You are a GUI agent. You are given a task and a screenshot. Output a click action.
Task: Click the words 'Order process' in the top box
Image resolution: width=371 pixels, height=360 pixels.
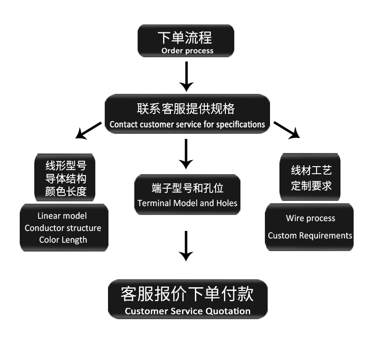tap(187, 51)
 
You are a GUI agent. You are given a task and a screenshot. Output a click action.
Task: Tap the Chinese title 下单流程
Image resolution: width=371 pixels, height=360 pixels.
tap(185, 37)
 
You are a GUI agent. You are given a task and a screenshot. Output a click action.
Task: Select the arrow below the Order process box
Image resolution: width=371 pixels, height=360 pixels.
tap(186, 76)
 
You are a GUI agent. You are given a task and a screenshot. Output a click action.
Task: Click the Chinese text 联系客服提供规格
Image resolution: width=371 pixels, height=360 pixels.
tap(186, 109)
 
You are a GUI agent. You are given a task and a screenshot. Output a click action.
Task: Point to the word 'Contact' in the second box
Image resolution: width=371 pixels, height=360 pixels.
tap(124, 125)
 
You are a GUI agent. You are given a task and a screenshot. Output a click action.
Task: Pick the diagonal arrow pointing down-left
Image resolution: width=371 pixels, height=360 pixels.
tap(88, 130)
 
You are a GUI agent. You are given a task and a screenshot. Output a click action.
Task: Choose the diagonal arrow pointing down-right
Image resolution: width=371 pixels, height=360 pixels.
tap(286, 130)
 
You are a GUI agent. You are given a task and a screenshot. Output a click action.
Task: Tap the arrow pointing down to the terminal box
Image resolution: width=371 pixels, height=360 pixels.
tap(186, 153)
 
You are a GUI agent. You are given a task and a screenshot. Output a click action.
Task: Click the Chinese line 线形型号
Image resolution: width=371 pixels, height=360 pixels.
tap(66, 166)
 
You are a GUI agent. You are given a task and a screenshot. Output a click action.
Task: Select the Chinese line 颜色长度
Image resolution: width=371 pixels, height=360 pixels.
tap(66, 191)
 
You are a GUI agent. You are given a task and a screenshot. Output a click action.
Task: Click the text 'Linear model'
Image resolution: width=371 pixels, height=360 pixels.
tap(62, 216)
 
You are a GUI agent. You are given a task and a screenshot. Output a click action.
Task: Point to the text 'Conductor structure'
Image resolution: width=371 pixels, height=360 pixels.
tap(63, 228)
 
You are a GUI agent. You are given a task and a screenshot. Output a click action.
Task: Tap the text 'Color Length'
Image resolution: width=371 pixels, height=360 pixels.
tap(63, 240)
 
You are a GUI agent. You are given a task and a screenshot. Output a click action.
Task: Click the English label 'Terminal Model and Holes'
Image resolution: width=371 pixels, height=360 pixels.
tap(187, 204)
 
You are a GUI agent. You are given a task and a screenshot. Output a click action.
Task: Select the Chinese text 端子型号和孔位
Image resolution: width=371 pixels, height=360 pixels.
tap(187, 188)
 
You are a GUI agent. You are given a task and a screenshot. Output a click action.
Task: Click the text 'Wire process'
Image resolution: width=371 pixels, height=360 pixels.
tap(310, 218)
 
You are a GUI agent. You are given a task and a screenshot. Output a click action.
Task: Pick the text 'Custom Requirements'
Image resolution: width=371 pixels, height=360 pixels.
tap(310, 236)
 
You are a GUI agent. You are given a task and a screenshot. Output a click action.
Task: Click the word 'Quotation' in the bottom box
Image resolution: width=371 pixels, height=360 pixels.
tap(228, 311)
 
